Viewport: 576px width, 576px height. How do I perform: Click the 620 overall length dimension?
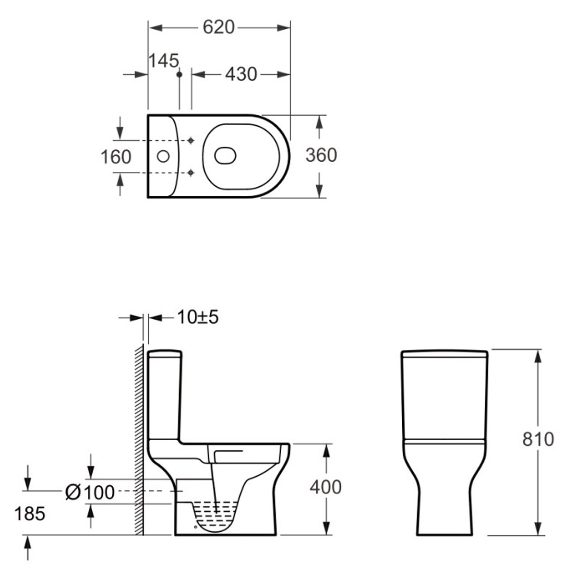point(218,27)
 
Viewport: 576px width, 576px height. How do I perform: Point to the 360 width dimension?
point(321,155)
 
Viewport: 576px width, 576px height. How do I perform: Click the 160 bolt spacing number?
point(116,157)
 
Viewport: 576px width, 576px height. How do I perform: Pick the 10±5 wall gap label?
point(198,317)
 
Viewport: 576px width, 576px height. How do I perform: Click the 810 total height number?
point(538,439)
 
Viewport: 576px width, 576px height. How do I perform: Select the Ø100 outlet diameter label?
point(90,492)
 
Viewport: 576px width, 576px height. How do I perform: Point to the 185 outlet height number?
point(30,514)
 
